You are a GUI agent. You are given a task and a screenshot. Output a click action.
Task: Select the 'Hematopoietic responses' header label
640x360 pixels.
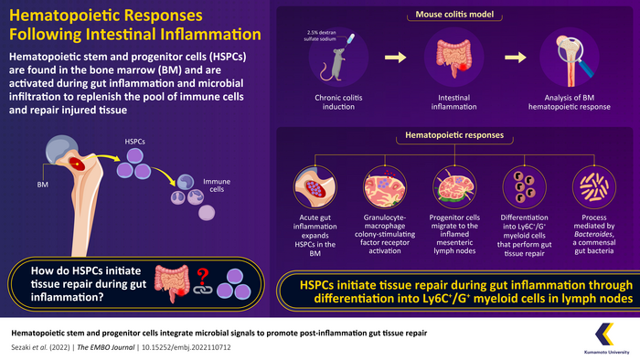(x=453, y=136)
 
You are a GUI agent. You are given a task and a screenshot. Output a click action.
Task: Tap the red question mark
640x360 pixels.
(x=197, y=273)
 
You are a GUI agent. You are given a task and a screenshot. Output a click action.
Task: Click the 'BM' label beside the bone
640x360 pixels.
(x=43, y=185)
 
